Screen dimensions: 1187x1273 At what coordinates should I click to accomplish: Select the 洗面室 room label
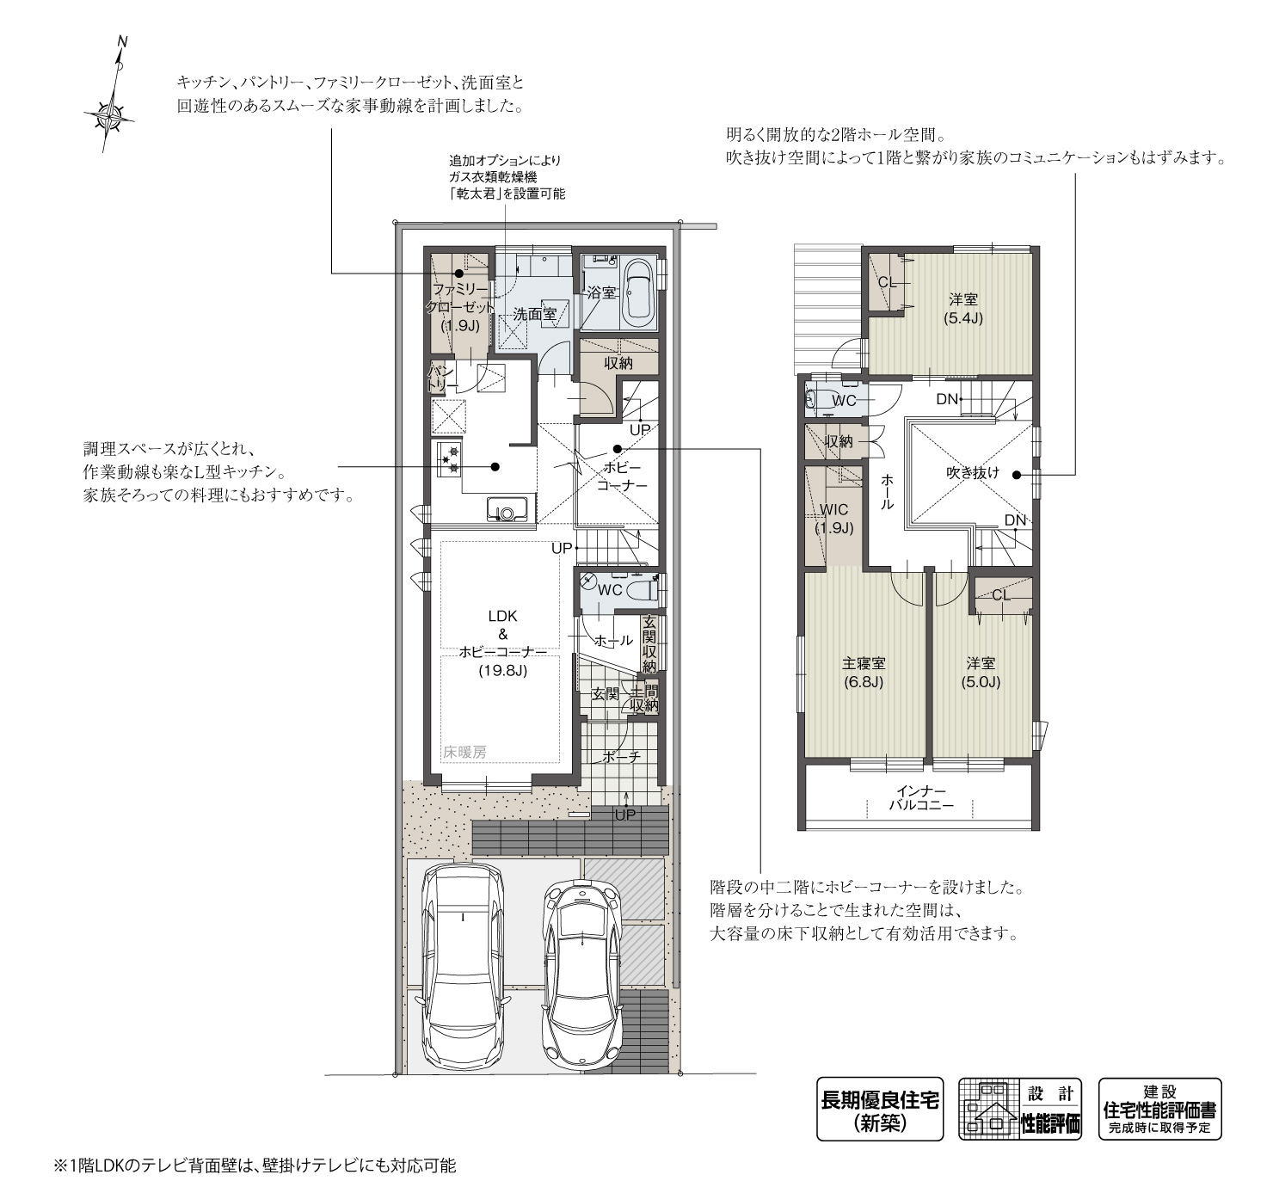[x=534, y=315]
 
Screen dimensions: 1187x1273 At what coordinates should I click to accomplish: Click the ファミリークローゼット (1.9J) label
[x=460, y=307]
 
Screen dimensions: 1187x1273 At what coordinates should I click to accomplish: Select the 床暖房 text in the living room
[x=465, y=752]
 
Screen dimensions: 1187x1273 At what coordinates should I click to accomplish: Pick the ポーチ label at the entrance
[x=621, y=757]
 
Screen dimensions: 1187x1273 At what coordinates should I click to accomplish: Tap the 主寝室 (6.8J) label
[x=864, y=673]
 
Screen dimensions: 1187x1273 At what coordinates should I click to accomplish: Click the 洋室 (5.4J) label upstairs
[x=963, y=309]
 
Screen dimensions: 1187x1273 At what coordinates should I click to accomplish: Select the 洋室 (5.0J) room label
[x=981, y=673]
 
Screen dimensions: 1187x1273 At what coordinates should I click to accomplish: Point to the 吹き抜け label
[x=973, y=472]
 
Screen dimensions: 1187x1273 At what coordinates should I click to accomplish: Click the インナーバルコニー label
[x=920, y=798]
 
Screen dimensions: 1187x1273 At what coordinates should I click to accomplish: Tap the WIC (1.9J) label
[x=833, y=519]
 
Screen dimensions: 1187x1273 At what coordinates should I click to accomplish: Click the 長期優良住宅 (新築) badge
[x=880, y=1110]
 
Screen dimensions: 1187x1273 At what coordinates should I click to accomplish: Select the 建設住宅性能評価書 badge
[x=1159, y=1110]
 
